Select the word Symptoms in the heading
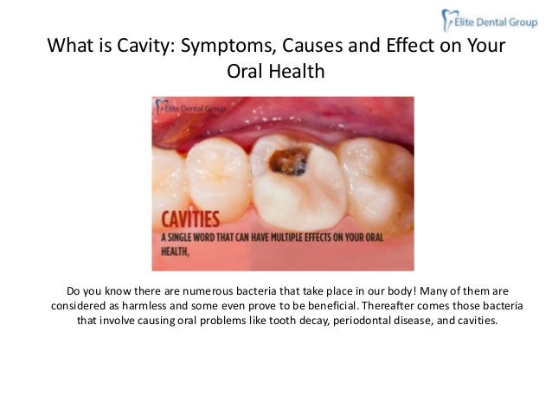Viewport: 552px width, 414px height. [x=223, y=44]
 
